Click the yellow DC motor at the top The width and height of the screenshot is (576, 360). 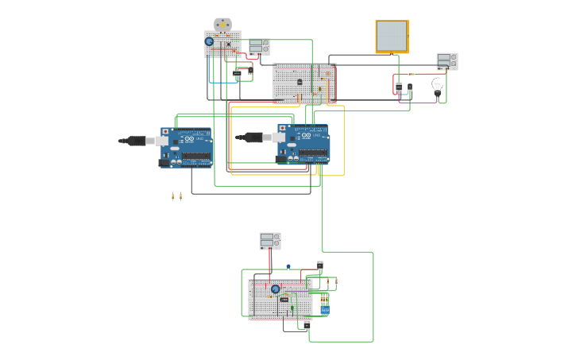[x=222, y=25]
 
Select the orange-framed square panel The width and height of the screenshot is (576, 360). [x=392, y=37]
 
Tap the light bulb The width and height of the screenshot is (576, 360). [x=437, y=84]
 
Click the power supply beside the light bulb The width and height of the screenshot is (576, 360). [x=446, y=61]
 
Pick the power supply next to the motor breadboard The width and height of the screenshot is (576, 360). [x=259, y=47]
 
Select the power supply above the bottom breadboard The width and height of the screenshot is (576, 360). [x=270, y=241]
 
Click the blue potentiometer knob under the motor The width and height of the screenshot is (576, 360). [x=209, y=41]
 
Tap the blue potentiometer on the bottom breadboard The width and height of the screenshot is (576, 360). [x=276, y=289]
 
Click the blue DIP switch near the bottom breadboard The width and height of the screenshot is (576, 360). [x=324, y=309]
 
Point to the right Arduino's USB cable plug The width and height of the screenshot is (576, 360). [x=253, y=137]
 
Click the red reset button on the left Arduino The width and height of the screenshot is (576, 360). [x=165, y=131]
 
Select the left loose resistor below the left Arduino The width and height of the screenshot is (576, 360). [x=172, y=196]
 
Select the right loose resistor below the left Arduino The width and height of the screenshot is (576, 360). [x=180, y=196]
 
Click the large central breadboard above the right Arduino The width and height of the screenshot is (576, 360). [x=304, y=83]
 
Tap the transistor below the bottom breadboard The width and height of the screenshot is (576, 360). [x=307, y=324]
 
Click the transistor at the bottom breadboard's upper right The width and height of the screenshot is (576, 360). [x=320, y=265]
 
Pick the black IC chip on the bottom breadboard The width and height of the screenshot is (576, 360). [x=284, y=300]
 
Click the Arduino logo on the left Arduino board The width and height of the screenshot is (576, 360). [x=189, y=139]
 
